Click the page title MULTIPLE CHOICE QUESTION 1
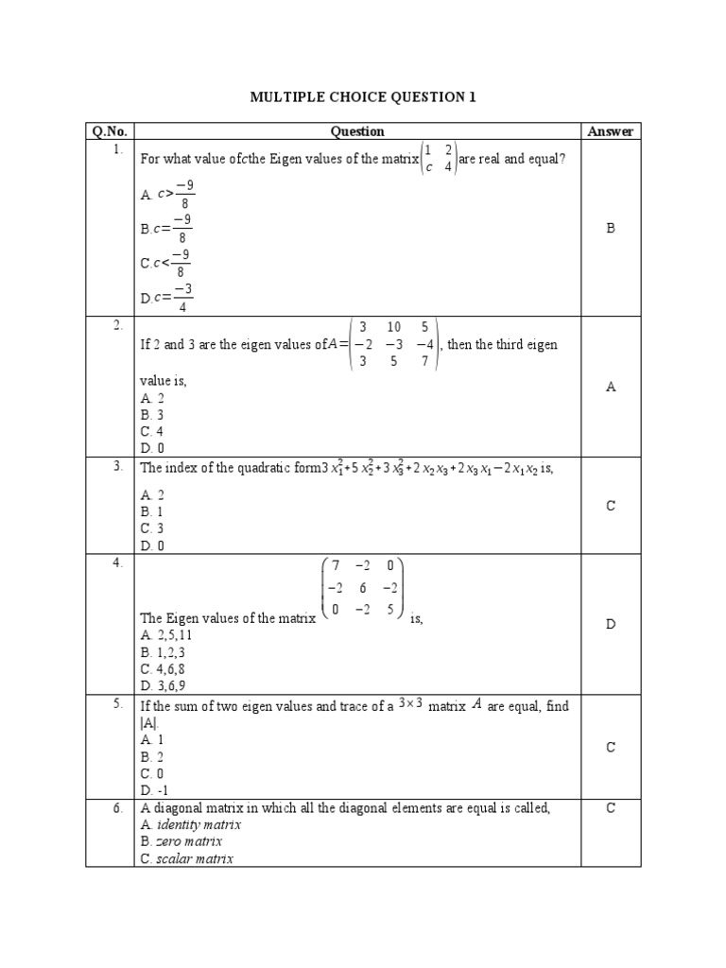362,96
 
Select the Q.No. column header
110,131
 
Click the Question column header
357,131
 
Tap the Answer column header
610,131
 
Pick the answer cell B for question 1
610,228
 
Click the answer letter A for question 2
610,387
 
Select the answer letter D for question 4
610,625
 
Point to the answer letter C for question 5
610,748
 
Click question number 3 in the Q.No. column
118,466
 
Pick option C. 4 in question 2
153,431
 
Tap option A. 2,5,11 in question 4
166,635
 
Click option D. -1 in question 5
155,790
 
